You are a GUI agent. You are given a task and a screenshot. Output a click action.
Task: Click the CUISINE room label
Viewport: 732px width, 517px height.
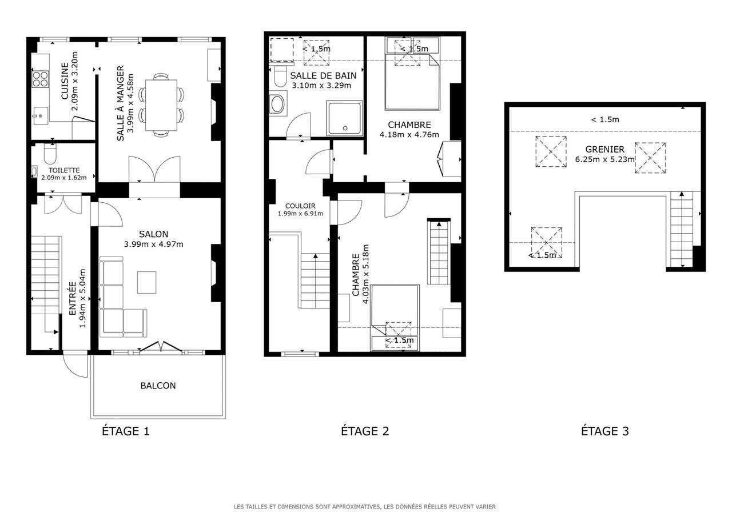pyautogui.click(x=65, y=81)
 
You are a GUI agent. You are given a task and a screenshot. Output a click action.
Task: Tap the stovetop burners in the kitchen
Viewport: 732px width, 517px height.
pyautogui.click(x=41, y=79)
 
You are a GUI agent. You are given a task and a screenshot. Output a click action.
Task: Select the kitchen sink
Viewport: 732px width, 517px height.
pyautogui.click(x=40, y=115)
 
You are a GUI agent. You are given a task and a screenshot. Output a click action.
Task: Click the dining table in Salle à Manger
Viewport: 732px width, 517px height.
pyautogui.click(x=161, y=105)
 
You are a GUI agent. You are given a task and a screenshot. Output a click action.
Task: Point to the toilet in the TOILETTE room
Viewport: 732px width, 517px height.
pyautogui.click(x=50, y=154)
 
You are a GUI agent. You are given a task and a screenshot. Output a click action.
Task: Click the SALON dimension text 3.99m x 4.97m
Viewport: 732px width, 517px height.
pyautogui.click(x=154, y=244)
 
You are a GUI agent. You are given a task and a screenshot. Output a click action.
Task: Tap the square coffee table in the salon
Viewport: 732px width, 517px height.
pyautogui.click(x=147, y=282)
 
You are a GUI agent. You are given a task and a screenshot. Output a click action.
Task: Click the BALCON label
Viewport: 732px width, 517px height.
pyautogui.click(x=158, y=386)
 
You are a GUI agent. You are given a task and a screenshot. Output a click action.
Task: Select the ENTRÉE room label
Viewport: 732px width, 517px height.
pyautogui.click(x=73, y=298)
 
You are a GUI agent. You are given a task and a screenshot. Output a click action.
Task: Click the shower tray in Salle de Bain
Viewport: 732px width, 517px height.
pyautogui.click(x=344, y=118)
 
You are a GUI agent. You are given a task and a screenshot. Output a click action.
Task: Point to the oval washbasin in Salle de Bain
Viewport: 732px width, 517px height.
pyautogui.click(x=277, y=104)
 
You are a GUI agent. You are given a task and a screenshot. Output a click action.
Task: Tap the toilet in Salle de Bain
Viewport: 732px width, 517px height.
pyautogui.click(x=280, y=76)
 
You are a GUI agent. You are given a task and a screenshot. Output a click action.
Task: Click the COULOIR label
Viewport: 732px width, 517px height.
pyautogui.click(x=300, y=206)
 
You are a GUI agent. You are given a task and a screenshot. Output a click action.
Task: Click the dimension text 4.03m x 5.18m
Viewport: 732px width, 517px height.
pyautogui.click(x=365, y=274)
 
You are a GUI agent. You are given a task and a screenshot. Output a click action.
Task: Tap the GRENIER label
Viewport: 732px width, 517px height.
pyautogui.click(x=604, y=150)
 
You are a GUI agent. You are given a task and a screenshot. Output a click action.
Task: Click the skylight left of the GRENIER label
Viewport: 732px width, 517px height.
pyautogui.click(x=551, y=152)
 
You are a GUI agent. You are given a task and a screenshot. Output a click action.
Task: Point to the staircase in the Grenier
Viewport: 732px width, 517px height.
pyautogui.click(x=682, y=229)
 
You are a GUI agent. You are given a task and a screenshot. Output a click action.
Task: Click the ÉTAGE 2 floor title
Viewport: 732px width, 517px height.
pyautogui.click(x=365, y=431)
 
